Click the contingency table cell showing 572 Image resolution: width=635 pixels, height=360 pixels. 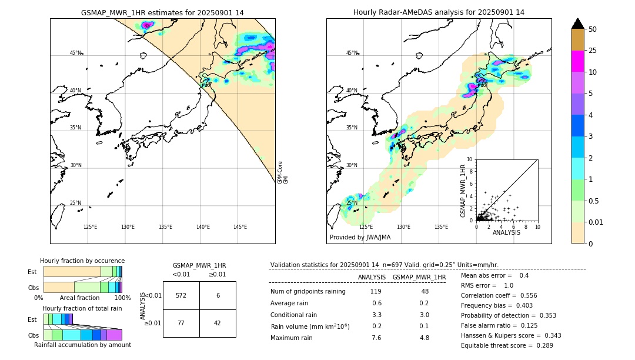(181, 295)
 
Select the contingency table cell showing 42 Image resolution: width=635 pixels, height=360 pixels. (218, 323)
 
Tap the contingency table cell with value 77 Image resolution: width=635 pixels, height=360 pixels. (181, 323)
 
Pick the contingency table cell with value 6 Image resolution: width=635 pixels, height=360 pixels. (218, 295)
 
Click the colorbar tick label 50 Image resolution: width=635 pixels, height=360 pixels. (593, 29)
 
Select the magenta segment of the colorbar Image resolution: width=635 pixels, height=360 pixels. (578, 61)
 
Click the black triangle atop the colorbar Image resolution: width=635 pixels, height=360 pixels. (578, 24)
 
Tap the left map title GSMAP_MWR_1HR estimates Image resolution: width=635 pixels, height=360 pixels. (162, 12)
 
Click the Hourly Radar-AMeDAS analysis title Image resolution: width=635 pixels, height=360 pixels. (439, 12)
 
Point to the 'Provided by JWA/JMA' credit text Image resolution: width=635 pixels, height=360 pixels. (360, 237)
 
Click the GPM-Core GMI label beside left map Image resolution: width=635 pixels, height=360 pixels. (283, 172)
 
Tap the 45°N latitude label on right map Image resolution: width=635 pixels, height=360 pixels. (352, 53)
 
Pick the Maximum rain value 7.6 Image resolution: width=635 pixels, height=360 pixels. (376, 338)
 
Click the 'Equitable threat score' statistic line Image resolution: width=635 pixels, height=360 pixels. (507, 345)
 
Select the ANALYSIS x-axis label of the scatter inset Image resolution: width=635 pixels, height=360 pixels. (506, 232)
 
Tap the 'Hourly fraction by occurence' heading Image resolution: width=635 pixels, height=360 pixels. (82, 261)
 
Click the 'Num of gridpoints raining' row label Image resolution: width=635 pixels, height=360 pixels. (308, 291)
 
